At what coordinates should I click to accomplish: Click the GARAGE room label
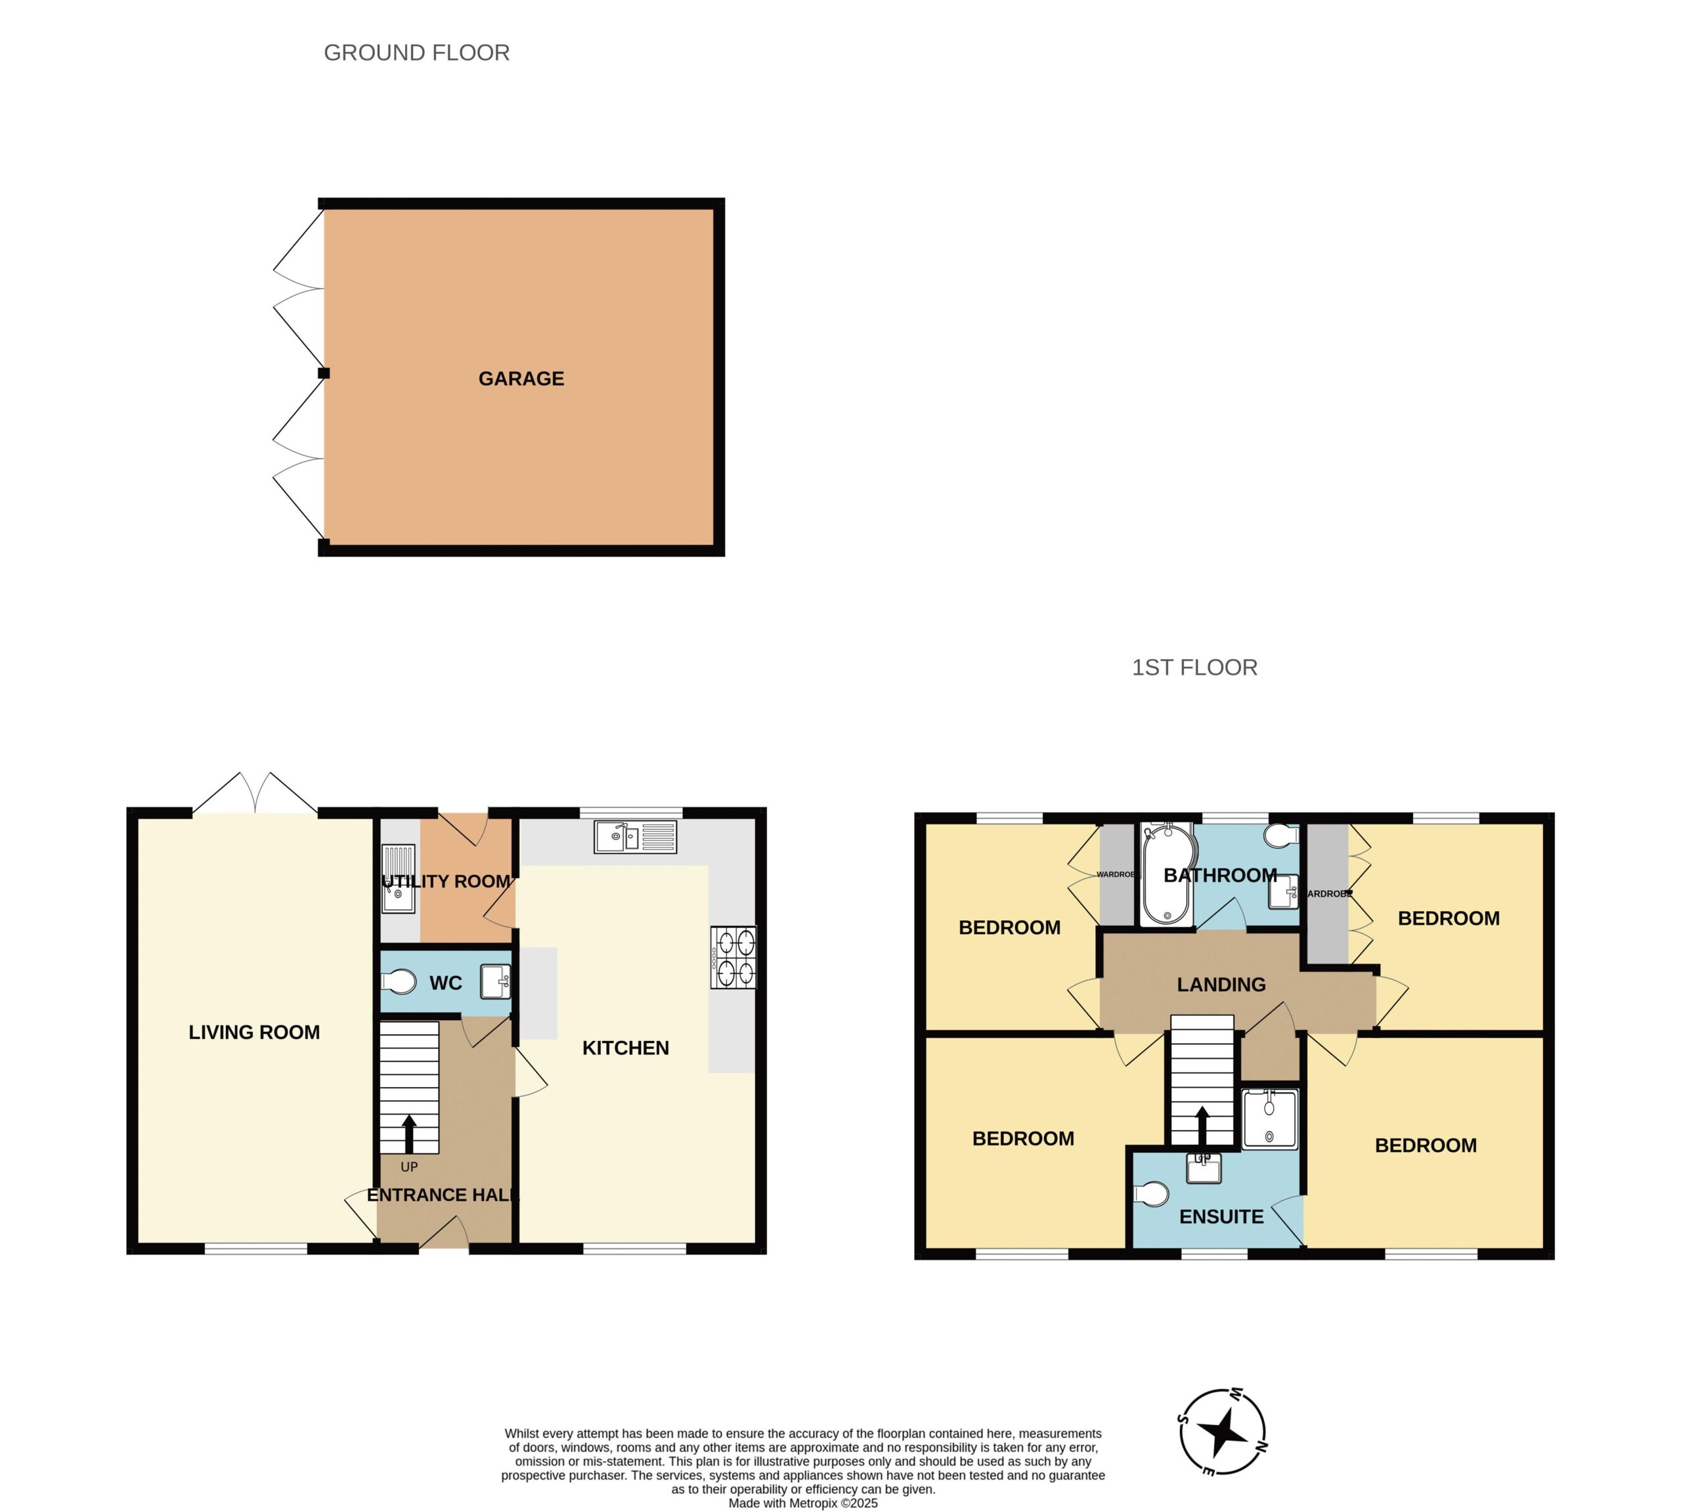click(521, 379)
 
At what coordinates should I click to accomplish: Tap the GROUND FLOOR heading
click(416, 53)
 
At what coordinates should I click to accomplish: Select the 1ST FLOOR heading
click(1194, 668)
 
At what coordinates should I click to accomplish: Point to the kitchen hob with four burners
click(733, 957)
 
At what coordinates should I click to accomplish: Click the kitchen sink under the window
click(636, 837)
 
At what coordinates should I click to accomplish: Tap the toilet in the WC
click(399, 982)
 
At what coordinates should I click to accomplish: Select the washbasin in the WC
click(495, 981)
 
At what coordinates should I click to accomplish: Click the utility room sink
click(399, 878)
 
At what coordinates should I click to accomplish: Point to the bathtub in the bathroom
click(1167, 874)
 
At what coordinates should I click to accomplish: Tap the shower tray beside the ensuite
click(1269, 1120)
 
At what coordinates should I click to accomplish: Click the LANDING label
click(1221, 985)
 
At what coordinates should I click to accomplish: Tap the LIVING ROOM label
click(254, 1032)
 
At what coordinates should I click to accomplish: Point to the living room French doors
click(255, 794)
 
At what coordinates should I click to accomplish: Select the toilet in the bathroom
click(1282, 834)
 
